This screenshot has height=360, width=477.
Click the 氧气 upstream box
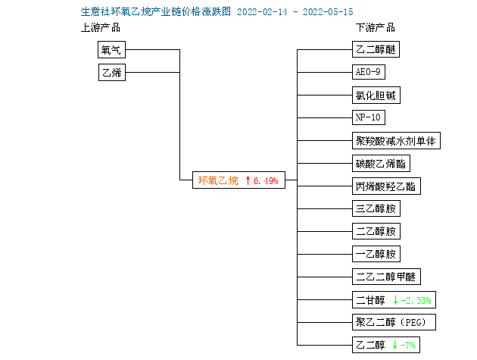(x=111, y=50)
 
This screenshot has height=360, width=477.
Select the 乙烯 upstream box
(x=112, y=72)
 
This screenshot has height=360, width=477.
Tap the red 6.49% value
(x=266, y=181)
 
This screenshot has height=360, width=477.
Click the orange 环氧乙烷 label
(x=218, y=180)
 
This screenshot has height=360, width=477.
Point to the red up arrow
(x=248, y=180)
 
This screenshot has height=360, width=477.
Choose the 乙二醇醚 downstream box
(x=376, y=49)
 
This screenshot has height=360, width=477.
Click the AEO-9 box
(x=369, y=72)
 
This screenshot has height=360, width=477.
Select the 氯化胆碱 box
(x=376, y=95)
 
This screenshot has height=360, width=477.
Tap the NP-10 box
(x=369, y=117)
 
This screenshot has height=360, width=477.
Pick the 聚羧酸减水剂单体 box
(x=396, y=140)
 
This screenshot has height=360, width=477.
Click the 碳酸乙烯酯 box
(x=381, y=163)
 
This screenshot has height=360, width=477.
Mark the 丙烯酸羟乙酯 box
(x=386, y=186)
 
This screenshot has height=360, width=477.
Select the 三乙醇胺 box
(x=376, y=208)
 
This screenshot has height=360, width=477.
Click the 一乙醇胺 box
(x=376, y=254)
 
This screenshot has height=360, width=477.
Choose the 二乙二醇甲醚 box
(x=386, y=277)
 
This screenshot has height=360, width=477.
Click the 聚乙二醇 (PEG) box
(x=394, y=322)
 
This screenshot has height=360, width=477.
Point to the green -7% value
(x=407, y=345)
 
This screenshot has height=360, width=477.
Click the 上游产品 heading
(x=101, y=28)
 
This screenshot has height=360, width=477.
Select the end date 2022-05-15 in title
(x=328, y=12)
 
